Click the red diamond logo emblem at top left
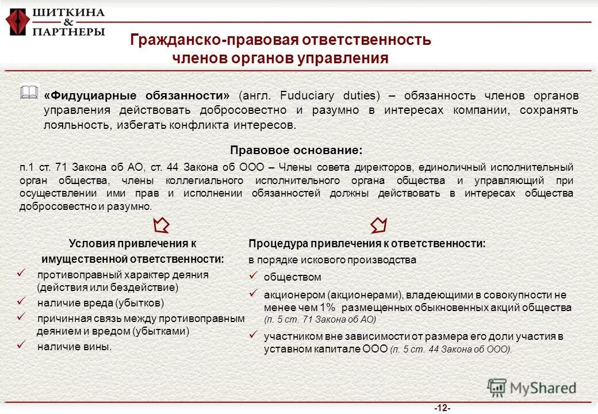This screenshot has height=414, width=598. tap(17, 21)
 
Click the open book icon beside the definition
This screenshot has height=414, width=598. tap(29, 92)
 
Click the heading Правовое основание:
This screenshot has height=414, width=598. tap(296, 151)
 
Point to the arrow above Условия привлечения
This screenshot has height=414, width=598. tap(163, 224)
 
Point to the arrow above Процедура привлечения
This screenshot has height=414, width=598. tap(378, 224)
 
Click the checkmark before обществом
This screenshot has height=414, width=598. tap(252, 275)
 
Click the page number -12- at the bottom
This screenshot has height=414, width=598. tap(442, 408)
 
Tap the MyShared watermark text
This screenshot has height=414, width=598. tap(543, 388)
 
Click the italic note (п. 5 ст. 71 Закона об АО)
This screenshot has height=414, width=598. tap(320, 320)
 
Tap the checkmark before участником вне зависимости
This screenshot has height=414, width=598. tap(252, 334)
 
